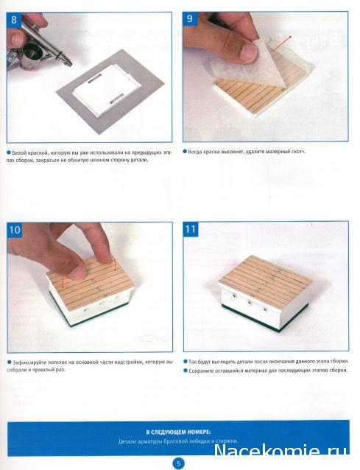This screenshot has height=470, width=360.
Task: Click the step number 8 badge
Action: (14, 20)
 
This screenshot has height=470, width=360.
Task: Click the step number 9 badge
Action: (190, 19)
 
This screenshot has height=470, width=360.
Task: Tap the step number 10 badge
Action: (15, 230)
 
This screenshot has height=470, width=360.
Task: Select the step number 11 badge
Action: (191, 229)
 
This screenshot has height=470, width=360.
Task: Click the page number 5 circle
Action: (178, 463)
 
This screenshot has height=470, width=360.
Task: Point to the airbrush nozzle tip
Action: (71, 64)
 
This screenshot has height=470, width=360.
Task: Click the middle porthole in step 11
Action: (249, 303)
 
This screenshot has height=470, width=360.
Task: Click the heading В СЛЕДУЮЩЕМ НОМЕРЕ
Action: (178, 432)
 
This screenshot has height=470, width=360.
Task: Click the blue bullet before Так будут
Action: (185, 362)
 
